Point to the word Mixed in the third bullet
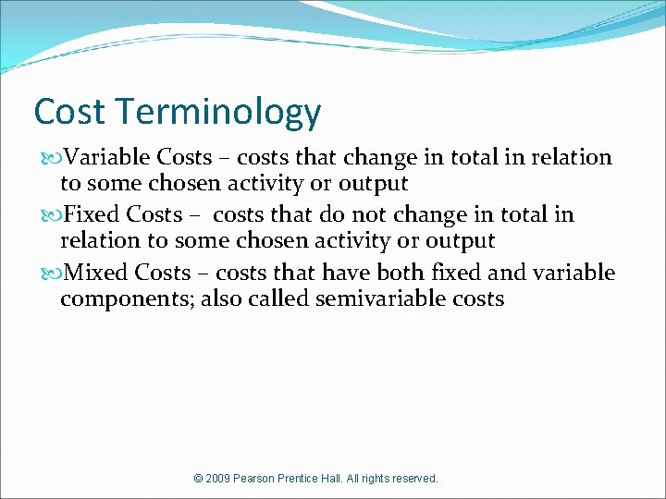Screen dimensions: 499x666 pyautogui.click(x=97, y=273)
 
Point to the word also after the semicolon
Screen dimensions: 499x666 pyautogui.click(x=218, y=299)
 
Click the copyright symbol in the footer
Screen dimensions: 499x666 pyautogui.click(x=199, y=479)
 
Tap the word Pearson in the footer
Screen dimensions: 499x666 pyautogui.click(x=260, y=479)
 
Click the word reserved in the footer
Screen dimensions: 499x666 pyautogui.click(x=414, y=479)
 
